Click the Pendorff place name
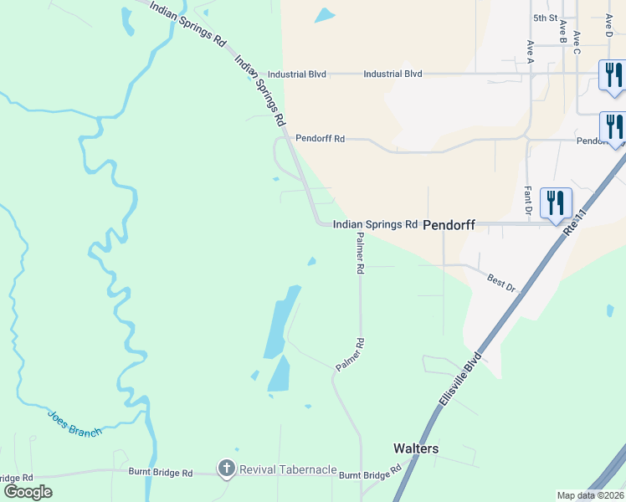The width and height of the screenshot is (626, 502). (449, 225)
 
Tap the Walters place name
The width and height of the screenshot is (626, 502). (416, 448)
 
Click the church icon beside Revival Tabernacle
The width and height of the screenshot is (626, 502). (226, 469)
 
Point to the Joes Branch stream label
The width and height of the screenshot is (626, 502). (74, 423)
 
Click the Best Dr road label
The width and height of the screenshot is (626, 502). (502, 281)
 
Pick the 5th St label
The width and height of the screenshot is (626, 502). (545, 18)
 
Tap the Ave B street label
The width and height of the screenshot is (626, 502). (562, 34)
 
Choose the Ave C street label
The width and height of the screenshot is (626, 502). (577, 45)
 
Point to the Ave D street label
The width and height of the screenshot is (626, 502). (608, 25)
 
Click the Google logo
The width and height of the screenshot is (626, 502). (28, 492)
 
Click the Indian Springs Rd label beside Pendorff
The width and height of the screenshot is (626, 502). (375, 224)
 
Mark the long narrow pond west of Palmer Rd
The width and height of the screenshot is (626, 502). (279, 322)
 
